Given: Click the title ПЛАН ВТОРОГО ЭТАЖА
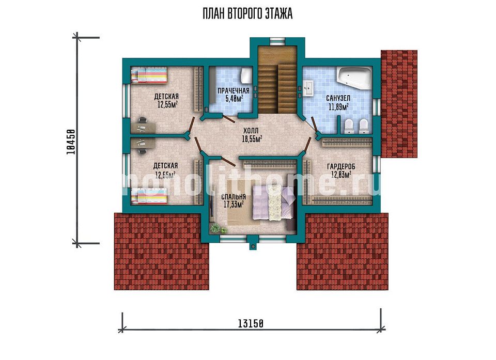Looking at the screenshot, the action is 247,14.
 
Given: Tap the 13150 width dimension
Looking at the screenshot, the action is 250,324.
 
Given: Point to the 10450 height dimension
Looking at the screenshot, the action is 71,142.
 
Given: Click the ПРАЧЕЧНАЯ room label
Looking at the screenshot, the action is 234,91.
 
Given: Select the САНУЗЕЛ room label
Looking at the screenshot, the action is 338,98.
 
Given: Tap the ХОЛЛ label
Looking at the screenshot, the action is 251,131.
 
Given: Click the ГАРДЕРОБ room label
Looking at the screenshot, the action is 341,166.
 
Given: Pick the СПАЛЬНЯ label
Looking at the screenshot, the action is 234,197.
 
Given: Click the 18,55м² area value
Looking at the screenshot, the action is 252,138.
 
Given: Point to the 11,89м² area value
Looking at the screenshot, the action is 338,106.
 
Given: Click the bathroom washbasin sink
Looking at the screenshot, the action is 308,88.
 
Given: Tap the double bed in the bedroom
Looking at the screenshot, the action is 274,202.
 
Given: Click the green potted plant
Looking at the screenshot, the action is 215,227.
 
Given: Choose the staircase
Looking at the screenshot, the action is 277,80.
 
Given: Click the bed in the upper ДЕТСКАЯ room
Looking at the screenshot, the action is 149,75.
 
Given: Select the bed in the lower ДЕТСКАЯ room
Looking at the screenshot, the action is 149,196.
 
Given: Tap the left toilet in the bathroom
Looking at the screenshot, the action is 349,126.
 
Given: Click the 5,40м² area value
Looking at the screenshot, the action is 234,98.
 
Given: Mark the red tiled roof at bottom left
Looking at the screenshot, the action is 161,251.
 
